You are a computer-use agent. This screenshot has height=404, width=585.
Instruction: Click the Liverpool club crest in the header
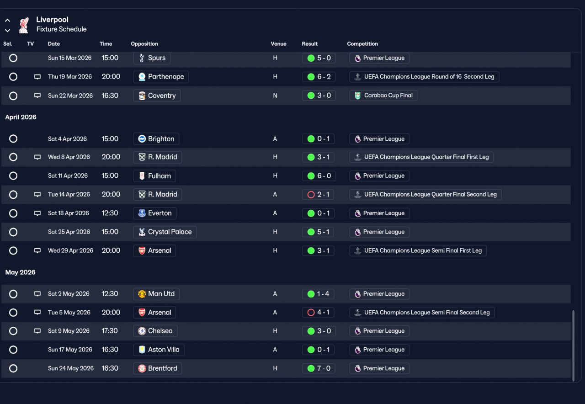(x=24, y=25)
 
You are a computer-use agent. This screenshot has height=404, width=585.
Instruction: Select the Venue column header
(x=278, y=44)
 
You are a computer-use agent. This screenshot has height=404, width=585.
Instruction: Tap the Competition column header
(x=362, y=44)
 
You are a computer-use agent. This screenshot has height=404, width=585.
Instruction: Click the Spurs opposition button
(x=152, y=58)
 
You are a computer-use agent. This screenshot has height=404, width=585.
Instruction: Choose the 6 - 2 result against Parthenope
(x=319, y=77)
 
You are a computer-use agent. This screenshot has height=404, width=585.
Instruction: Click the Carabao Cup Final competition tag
(x=383, y=96)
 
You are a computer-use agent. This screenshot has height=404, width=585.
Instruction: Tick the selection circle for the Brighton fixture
(x=13, y=138)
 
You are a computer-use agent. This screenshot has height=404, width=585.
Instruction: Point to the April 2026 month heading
(x=21, y=117)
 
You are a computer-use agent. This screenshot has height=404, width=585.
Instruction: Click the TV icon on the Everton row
(x=37, y=213)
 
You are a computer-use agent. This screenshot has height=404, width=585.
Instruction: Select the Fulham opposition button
(x=154, y=176)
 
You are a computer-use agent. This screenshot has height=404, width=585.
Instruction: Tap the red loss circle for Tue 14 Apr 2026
(x=311, y=195)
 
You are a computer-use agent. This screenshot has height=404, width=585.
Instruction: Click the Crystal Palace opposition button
(x=165, y=232)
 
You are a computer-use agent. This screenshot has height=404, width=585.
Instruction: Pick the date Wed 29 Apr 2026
(x=70, y=251)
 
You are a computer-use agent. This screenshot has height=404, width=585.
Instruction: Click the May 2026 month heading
(x=21, y=272)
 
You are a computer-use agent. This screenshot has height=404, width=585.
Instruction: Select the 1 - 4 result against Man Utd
(x=318, y=294)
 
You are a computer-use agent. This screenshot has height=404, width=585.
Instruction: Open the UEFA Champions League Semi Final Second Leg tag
(x=422, y=313)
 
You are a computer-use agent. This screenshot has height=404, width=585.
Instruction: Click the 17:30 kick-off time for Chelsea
(x=110, y=331)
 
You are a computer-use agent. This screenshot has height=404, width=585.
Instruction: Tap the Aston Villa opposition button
(x=159, y=350)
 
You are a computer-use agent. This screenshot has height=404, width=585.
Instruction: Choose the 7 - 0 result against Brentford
(x=319, y=368)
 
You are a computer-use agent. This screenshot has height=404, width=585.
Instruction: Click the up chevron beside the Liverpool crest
(x=8, y=21)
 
